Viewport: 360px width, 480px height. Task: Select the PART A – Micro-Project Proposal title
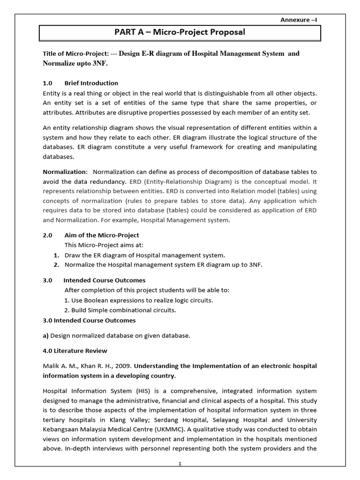[x=180, y=32]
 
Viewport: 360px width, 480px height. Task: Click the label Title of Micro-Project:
[x=75, y=54]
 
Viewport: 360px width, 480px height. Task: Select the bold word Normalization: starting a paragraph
[x=65, y=171]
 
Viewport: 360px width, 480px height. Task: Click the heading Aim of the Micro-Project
[x=101, y=235]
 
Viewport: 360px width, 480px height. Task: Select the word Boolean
[x=95, y=300]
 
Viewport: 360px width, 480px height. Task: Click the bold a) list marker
[x=46, y=335]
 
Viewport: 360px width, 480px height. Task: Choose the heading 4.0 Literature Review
[x=75, y=350]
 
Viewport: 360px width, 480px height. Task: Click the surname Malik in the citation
[x=51, y=366]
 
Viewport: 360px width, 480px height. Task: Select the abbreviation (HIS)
[x=130, y=390]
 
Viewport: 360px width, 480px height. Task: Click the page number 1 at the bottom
[x=180, y=464]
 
